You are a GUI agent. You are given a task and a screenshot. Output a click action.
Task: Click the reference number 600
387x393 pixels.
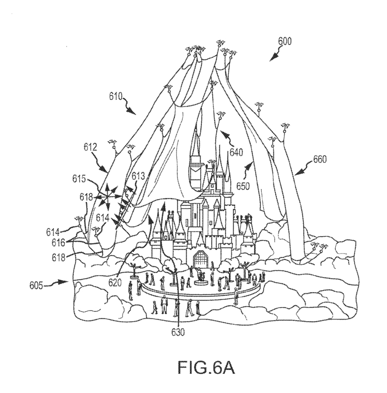click(285, 41)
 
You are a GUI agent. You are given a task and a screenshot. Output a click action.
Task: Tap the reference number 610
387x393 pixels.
click(116, 96)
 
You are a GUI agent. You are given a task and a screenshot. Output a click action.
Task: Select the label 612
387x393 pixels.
click(91, 147)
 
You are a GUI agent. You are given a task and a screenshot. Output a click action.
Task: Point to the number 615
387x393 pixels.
click(79, 179)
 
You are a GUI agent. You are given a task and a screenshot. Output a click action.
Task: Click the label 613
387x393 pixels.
click(138, 177)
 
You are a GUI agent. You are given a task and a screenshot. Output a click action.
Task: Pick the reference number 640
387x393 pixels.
click(236, 152)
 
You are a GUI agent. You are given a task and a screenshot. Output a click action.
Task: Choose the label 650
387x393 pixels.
click(243, 186)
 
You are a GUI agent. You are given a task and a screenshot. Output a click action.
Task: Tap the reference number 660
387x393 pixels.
click(320, 159)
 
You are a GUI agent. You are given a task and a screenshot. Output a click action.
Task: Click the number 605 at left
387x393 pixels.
click(37, 285)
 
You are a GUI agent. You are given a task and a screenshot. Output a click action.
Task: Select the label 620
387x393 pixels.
click(115, 282)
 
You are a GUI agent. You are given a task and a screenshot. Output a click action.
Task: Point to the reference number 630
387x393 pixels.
click(178, 332)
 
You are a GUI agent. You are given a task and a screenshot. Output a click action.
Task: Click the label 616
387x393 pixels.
click(58, 243)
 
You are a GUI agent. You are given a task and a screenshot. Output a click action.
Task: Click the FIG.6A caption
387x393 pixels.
click(206, 367)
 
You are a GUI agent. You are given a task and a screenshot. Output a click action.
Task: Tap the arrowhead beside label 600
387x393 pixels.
click(273, 58)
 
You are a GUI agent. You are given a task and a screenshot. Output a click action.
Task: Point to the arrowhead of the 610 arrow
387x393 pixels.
click(132, 111)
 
